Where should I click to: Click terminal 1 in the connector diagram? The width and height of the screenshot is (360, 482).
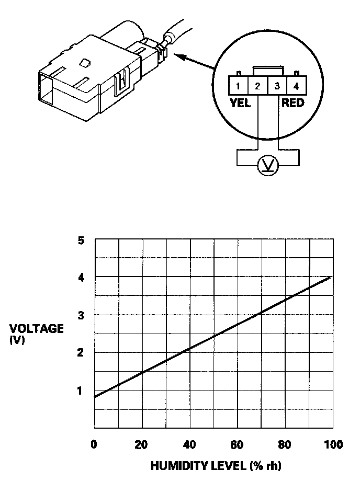[x=238, y=86]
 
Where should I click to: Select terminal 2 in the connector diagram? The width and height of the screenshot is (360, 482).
[x=257, y=86]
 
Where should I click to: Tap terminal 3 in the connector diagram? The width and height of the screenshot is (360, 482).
[x=277, y=86]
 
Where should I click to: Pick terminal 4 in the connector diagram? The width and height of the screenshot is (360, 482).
[x=296, y=86]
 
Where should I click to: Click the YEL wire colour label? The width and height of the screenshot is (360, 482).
[x=240, y=103]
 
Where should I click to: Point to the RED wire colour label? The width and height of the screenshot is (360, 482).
[x=292, y=103]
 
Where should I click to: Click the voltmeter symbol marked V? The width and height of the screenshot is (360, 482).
[x=268, y=165]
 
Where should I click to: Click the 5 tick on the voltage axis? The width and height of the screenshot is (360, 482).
[x=81, y=241]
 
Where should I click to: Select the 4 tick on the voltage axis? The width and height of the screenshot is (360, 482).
[x=81, y=278]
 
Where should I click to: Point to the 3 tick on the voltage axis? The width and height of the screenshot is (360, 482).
[x=81, y=315]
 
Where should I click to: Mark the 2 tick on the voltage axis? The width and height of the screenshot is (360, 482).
[x=81, y=353]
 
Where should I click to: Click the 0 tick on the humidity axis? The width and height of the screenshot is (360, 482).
[x=94, y=445]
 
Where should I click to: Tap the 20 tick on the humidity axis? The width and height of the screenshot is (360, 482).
[x=142, y=445]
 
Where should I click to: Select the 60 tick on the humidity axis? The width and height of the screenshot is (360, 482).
[x=238, y=445]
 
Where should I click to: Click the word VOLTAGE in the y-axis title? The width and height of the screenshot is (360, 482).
[x=37, y=329]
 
